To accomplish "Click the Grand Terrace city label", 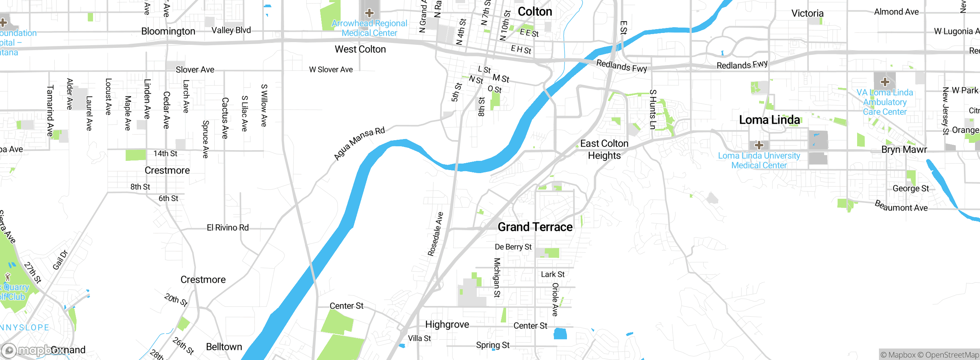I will point(535,227).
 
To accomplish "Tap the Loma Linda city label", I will point(769,120).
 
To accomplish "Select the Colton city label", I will point(535,12).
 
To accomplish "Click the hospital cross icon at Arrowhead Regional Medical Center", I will point(369,13).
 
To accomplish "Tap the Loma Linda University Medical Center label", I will point(759,160).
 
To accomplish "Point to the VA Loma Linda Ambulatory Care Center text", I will point(884,102).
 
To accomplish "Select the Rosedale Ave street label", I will point(435,234).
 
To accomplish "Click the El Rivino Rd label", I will point(227,228).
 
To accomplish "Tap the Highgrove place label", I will point(447,325).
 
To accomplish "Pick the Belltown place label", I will point(224,347).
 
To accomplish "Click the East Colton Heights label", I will point(604,149).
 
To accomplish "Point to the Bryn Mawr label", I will point(904,150).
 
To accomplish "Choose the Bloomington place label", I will point(168,31).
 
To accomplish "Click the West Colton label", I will point(360,49).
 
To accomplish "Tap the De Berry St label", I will point(513,247).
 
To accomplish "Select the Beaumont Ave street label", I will point(901,206).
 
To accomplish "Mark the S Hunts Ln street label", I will point(653,110).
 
